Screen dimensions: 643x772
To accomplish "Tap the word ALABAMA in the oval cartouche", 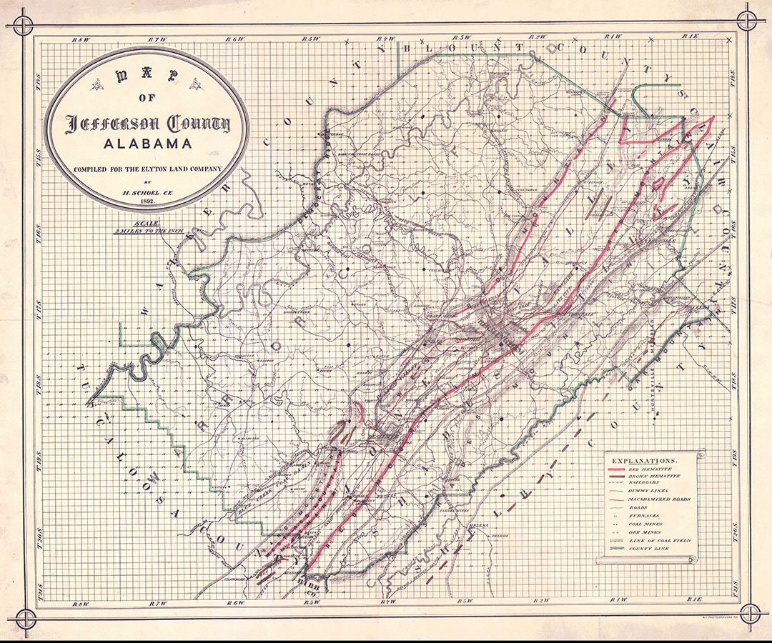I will tap(147, 144).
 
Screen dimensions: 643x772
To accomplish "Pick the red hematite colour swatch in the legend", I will tap(616, 469).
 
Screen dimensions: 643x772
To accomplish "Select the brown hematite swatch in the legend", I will tap(617, 477).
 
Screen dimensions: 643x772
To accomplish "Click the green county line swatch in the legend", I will tap(617, 549).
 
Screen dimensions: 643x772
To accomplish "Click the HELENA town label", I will tap(479, 525).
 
